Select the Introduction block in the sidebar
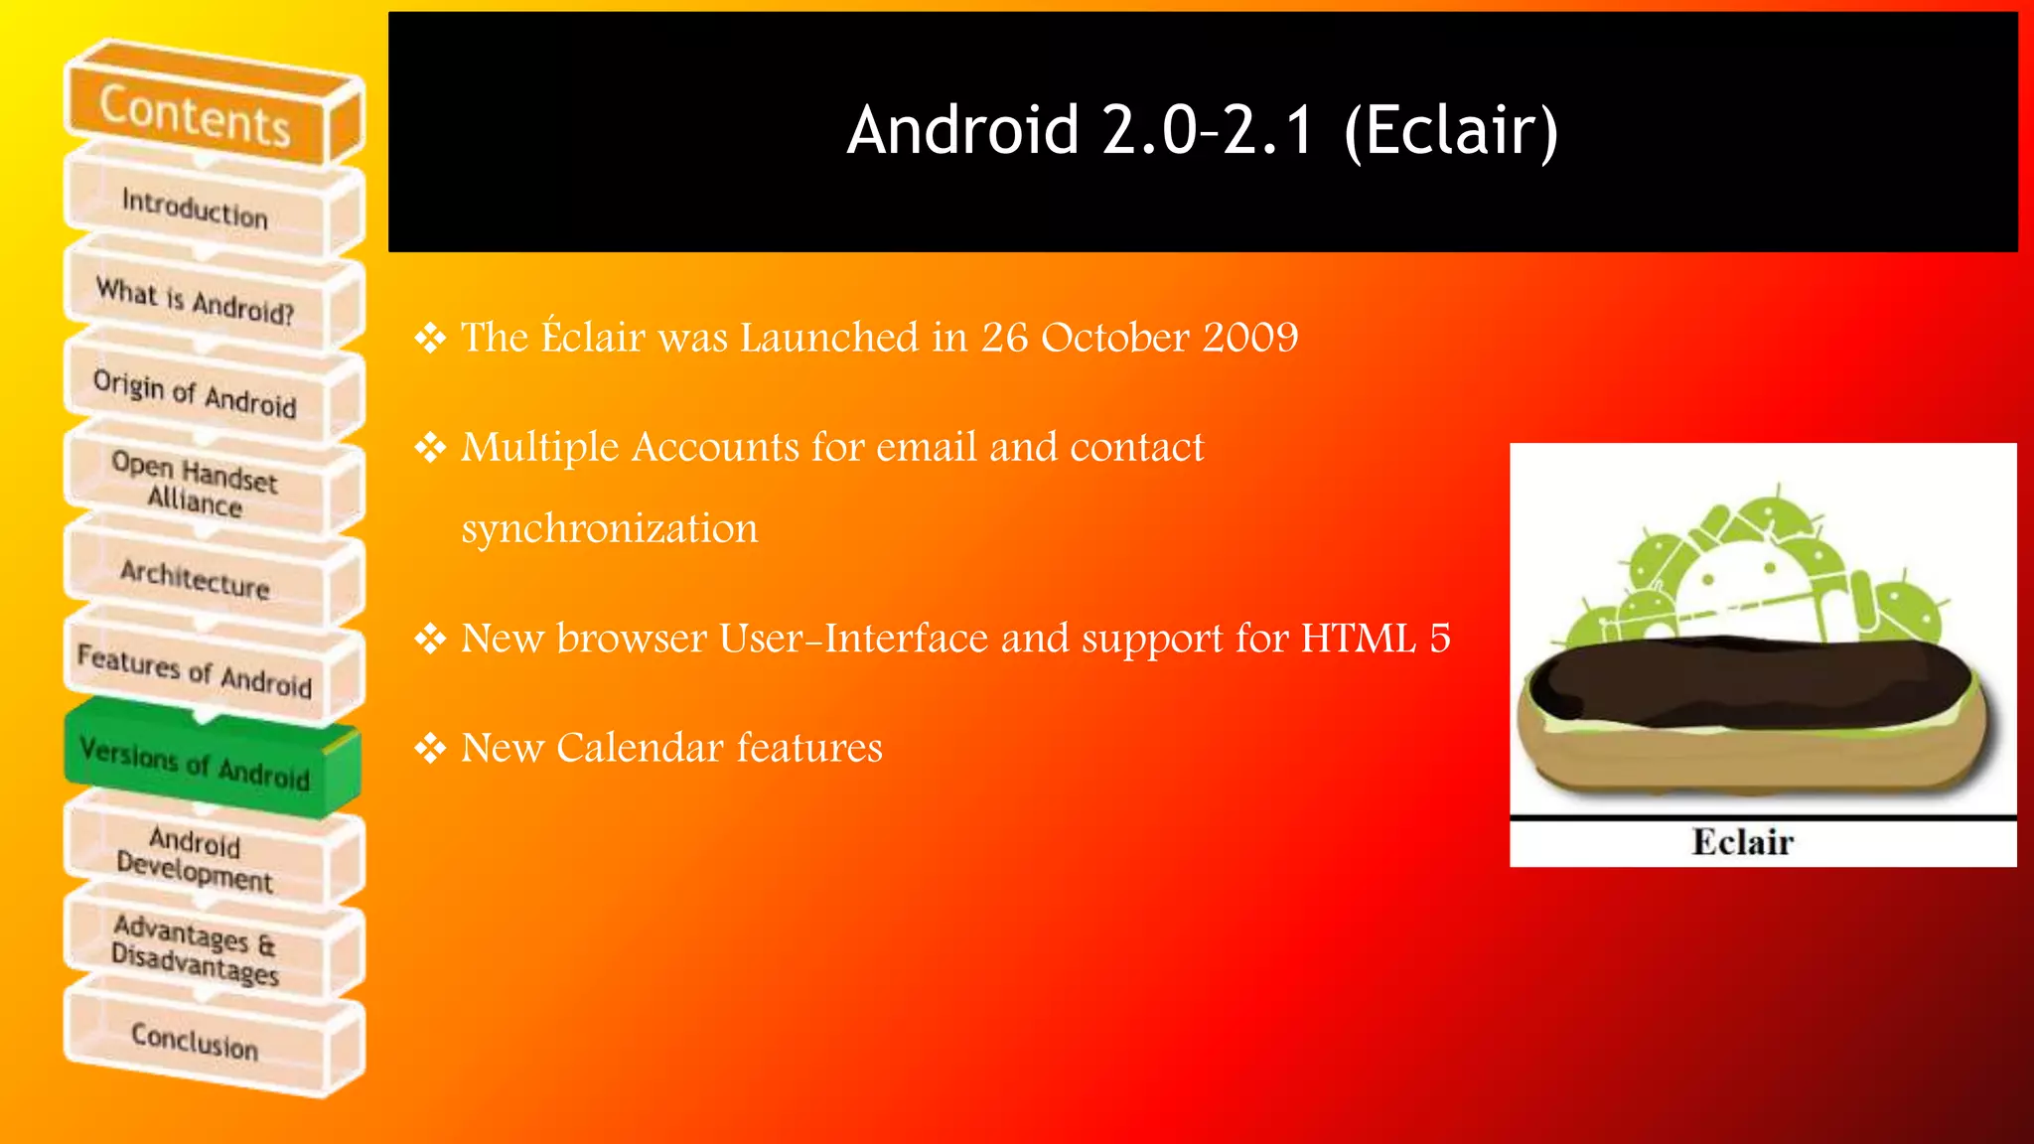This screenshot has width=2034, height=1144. tap(195, 208)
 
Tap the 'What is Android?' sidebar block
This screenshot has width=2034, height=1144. tap(195, 301)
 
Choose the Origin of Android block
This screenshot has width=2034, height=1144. tap(195, 393)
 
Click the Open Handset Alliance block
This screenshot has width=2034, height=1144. tap(195, 485)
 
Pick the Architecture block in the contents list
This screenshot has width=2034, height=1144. tap(195, 578)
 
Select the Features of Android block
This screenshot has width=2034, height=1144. tap(195, 670)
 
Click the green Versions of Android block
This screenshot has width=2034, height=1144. tap(195, 763)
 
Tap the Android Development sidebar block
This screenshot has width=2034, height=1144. tap(195, 858)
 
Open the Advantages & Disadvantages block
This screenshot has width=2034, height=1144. tap(195, 949)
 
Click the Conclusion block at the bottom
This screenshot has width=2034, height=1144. tap(195, 1041)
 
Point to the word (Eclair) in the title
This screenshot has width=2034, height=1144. tap(1450, 131)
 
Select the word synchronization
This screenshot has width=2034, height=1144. tap(609, 528)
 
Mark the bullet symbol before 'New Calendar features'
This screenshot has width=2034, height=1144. tap(430, 748)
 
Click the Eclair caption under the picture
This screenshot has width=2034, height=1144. tap(1742, 842)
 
